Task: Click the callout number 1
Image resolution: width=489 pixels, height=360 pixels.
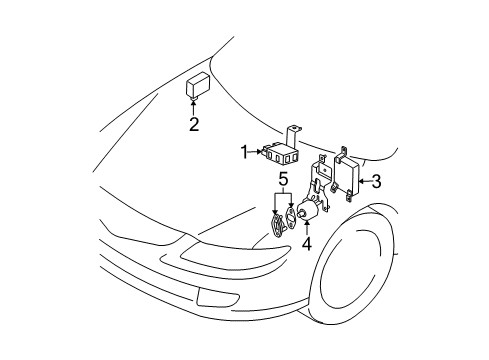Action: [245, 153]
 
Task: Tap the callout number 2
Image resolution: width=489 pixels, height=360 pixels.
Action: [194, 124]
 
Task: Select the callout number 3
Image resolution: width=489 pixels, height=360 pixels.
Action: [376, 181]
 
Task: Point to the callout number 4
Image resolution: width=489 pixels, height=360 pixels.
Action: [307, 244]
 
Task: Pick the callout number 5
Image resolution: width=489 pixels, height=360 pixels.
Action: [283, 180]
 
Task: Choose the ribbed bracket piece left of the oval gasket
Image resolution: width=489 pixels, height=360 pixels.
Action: [278, 226]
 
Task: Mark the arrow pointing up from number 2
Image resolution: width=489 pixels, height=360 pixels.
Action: [193, 107]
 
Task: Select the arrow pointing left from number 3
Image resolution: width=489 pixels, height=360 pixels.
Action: [365, 181]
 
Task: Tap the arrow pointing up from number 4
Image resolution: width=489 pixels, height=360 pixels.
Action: [306, 228]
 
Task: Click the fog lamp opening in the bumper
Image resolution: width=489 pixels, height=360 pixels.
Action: [217, 297]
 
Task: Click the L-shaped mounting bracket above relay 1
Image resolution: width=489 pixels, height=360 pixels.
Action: [291, 137]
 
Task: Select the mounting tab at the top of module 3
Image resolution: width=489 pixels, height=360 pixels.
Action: [342, 152]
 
